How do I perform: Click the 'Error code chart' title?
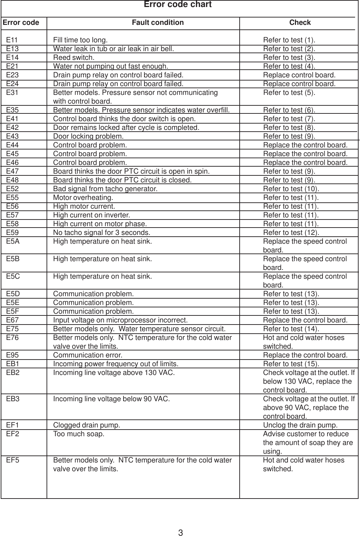pyautogui.click(x=178, y=5)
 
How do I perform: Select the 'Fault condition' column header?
pyautogui.click(x=157, y=23)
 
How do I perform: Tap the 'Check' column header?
pyautogui.click(x=300, y=23)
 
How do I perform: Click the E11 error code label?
pyautogui.click(x=13, y=40)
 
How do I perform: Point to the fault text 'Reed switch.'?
pyautogui.click(x=73, y=57)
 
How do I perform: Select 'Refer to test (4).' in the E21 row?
pyautogui.click(x=289, y=66)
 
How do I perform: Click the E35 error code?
pyautogui.click(x=13, y=110)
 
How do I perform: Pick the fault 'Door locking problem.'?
pyautogui.click(x=88, y=136)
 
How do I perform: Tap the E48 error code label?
pyautogui.click(x=13, y=180)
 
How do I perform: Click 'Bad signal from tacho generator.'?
pyautogui.click(x=105, y=189)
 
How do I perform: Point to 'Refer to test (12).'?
pyautogui.click(x=291, y=232)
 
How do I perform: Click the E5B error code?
pyautogui.click(x=13, y=259)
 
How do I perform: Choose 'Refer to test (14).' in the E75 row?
pyautogui.click(x=291, y=329)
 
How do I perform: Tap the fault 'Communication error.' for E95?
pyautogui.click(x=87, y=355)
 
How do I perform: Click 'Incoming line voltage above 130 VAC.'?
pyautogui.click(x=114, y=373)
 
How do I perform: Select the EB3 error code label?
pyautogui.click(x=13, y=399)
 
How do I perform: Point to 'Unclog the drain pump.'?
pyautogui.click(x=300, y=425)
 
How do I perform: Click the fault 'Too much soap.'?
pyautogui.click(x=78, y=434)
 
